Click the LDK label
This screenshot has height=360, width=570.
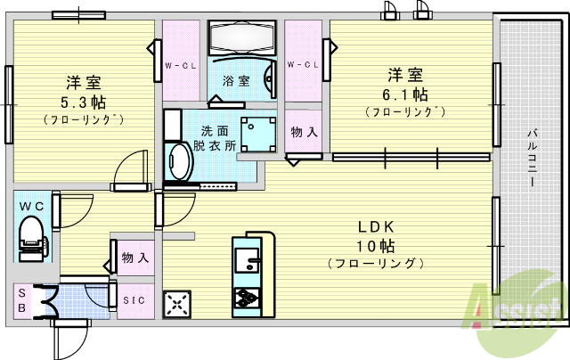click(x=377, y=226)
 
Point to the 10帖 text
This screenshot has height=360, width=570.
click(x=375, y=245)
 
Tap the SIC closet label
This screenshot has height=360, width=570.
click(x=134, y=300)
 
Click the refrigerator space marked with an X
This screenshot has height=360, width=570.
click(x=178, y=305)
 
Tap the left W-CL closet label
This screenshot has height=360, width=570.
click(x=180, y=65)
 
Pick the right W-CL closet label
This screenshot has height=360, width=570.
click(x=304, y=65)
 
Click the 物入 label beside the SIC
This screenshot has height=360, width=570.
click(x=134, y=258)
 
